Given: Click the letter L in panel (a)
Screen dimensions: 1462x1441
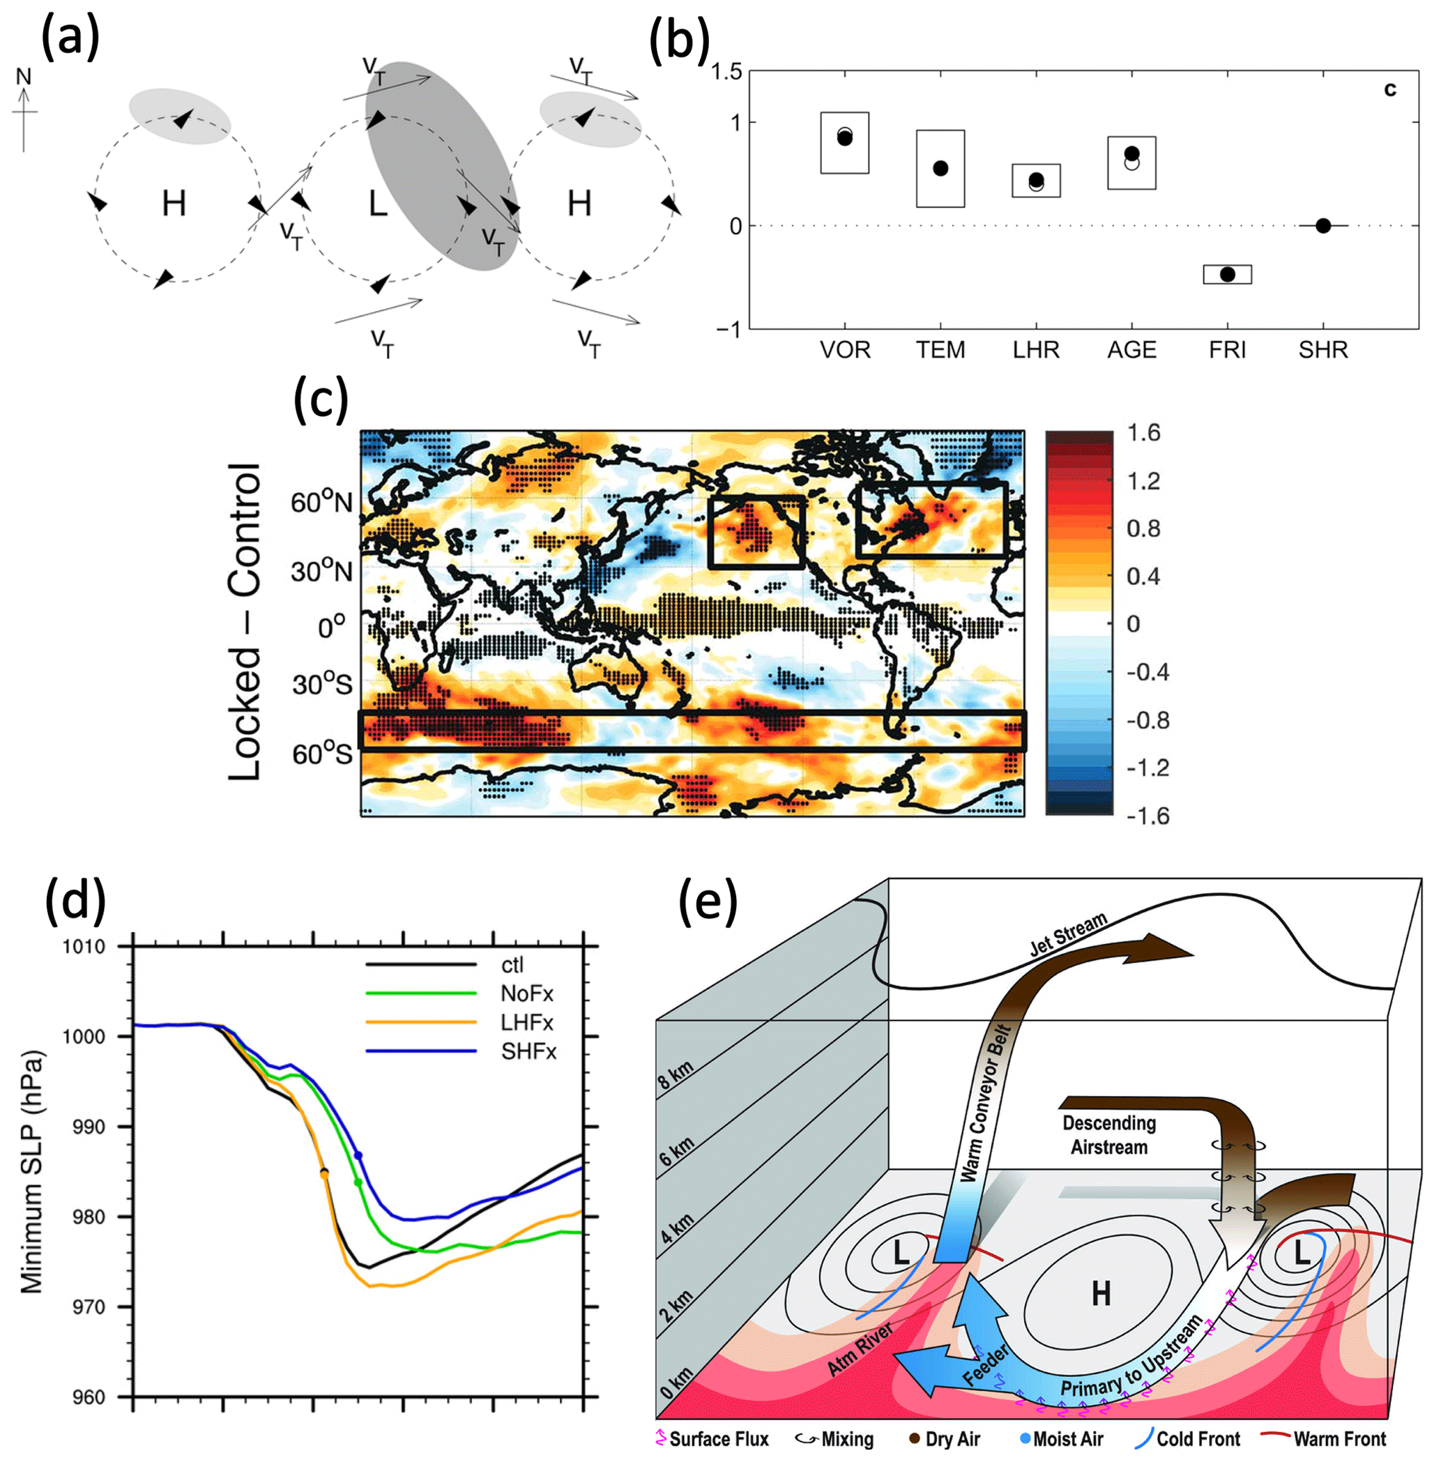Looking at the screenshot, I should pos(378,203).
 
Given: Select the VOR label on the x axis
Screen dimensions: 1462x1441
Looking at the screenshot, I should pos(846,351).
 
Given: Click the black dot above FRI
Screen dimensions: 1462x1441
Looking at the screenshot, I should pos(1228,274).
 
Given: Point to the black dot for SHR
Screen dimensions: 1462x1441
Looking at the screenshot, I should pos(1323,225).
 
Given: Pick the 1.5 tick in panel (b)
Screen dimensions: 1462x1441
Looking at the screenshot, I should pos(726,73).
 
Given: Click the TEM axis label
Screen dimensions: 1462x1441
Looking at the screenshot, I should pos(940,351).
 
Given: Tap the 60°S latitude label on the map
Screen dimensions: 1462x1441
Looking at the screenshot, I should pos(321,754).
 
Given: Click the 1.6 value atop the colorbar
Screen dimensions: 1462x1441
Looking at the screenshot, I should pos(1143,434).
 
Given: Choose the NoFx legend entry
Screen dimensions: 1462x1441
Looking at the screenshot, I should pos(527,993).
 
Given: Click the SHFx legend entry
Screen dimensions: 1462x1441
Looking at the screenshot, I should pos(528,1051).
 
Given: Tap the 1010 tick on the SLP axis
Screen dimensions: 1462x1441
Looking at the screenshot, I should pos(84,947).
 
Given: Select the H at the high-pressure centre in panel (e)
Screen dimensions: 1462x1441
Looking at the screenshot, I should pos(1101,1294).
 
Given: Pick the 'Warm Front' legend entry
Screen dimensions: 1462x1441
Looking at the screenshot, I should pos(1340,1439).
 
